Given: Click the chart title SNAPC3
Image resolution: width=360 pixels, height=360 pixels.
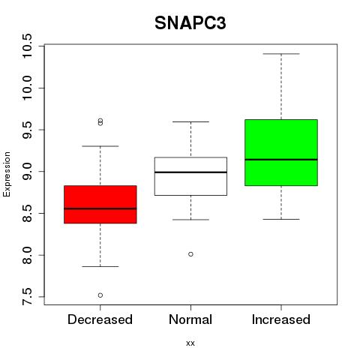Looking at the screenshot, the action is coord(190,23).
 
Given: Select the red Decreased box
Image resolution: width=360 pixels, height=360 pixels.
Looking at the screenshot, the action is coord(100,204).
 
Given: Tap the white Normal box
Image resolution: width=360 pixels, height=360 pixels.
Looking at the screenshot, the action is coord(190,176).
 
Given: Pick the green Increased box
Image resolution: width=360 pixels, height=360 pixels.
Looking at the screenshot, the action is coord(281,152).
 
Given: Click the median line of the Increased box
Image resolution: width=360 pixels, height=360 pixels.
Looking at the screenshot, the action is coord(281,160).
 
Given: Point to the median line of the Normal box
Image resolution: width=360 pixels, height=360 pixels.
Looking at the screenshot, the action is coord(190,172).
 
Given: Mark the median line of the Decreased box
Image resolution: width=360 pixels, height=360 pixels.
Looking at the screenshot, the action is coord(100,208).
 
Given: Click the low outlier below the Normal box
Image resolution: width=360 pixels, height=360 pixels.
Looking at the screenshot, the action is coord(190,254).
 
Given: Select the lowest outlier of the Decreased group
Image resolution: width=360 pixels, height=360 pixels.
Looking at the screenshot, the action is coord(100,295).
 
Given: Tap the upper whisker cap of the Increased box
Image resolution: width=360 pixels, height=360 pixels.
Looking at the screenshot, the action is coord(281,54).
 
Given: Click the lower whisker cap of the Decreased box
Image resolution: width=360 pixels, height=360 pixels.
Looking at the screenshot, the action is coord(100,266).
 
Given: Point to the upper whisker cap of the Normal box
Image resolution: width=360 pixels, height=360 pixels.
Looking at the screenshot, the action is coord(190,121).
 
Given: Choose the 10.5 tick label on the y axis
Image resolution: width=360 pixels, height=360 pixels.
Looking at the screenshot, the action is coord(27,46).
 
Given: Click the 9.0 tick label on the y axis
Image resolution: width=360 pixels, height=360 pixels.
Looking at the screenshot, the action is coord(27,172).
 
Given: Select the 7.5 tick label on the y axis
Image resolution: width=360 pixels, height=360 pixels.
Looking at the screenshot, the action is coord(27,297).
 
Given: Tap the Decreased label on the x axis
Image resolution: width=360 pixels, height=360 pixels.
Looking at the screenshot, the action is coord(100,319).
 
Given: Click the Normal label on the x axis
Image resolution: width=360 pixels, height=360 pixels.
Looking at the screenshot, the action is coord(190,319).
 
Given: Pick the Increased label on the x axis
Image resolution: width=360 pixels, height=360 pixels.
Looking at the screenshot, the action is coord(281,319).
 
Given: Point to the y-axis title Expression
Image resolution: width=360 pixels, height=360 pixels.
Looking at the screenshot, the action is coord(7,174).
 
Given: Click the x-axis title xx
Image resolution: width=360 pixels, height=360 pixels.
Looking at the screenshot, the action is coord(190,343).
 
